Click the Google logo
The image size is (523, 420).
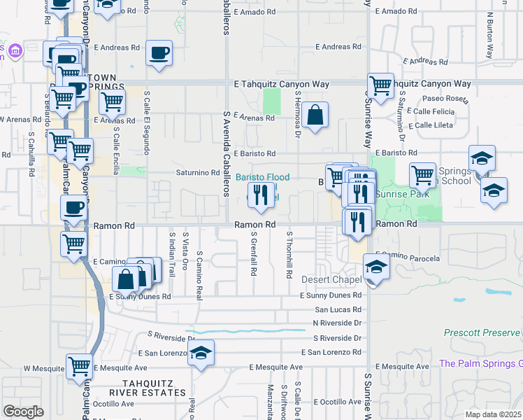[x=23, y=412]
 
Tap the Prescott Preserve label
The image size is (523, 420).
[x=482, y=332]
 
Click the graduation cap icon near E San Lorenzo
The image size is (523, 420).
[x=201, y=354]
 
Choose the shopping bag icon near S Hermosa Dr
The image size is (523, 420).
[x=315, y=115]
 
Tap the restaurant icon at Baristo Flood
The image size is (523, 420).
[x=261, y=196]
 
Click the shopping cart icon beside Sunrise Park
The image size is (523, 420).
[x=422, y=175]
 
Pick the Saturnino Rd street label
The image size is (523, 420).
[x=197, y=172]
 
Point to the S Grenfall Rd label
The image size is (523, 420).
[x=253, y=255]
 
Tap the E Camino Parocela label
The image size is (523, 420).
[x=408, y=257]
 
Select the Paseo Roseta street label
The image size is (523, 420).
[x=443, y=99]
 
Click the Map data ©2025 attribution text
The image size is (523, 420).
[x=494, y=414]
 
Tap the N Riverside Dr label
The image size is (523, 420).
[x=337, y=323]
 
